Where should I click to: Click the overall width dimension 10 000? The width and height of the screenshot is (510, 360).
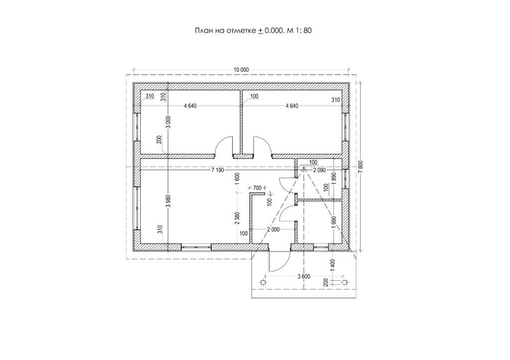pyautogui.click(x=241, y=70)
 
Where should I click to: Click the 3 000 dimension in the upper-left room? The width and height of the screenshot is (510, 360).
pyautogui.click(x=168, y=122)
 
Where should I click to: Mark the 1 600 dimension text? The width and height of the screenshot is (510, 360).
pyautogui.click(x=237, y=178)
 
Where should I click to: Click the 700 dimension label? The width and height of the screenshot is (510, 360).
pyautogui.click(x=257, y=188)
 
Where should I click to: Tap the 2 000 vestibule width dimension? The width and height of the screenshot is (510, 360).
pyautogui.click(x=272, y=230)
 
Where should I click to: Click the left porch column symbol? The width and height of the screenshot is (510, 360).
pyautogui.click(x=263, y=283)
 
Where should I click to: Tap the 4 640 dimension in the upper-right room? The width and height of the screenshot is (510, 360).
pyautogui.click(x=291, y=106)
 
